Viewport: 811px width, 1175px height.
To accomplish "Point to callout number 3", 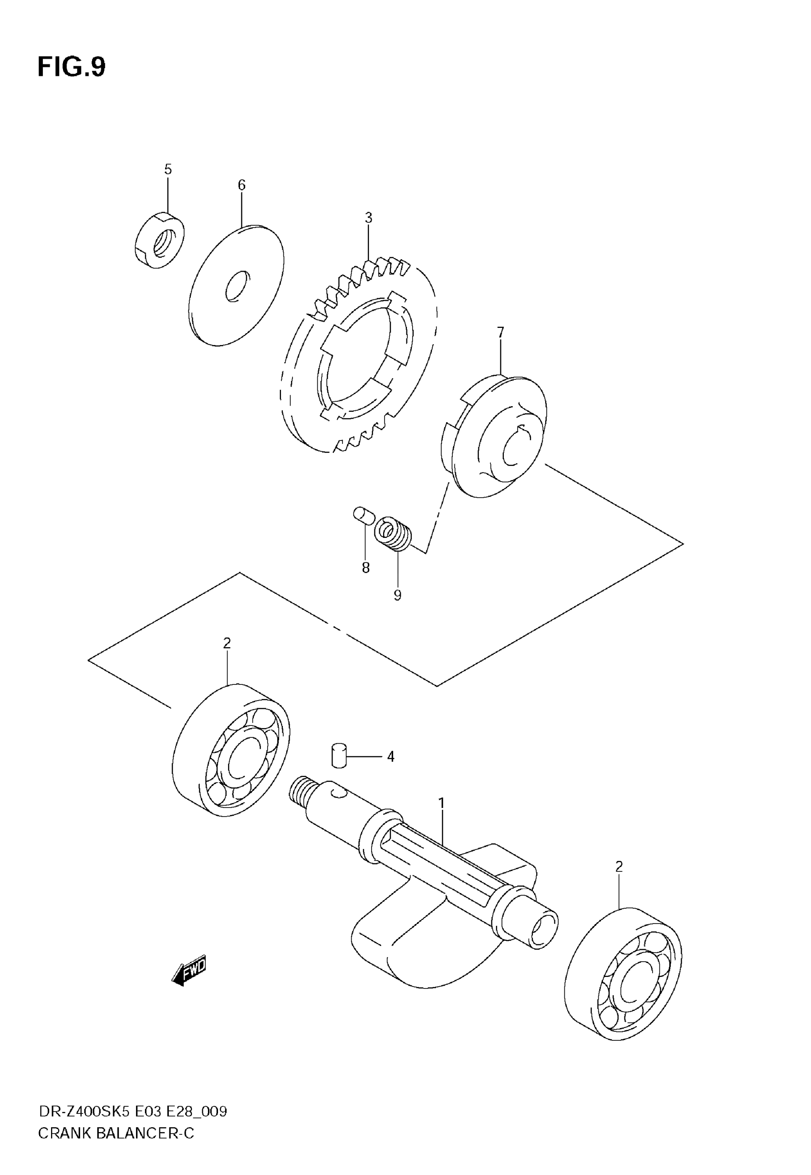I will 368,218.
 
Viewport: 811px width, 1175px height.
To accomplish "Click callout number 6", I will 241,185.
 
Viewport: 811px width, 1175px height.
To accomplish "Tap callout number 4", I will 390,757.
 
